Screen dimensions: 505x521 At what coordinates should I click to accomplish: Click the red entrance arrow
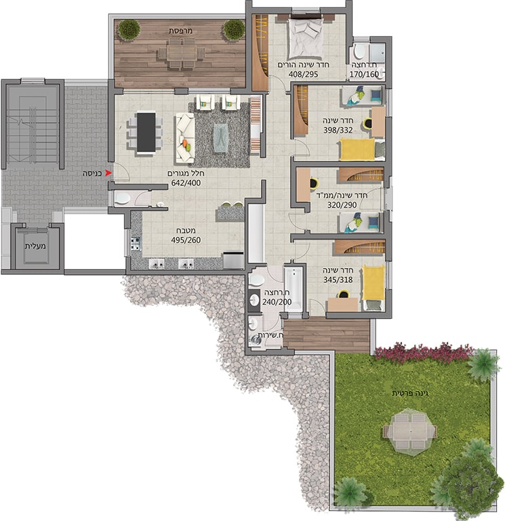[x=108, y=173]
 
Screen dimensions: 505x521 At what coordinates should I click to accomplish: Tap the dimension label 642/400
[x=186, y=182]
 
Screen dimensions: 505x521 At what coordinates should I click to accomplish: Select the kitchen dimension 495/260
[x=186, y=240]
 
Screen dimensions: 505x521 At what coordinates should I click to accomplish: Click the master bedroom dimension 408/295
[x=303, y=74]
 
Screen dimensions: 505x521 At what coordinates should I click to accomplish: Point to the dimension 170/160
[x=364, y=75]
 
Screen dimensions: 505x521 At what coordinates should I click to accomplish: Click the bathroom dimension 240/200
[x=277, y=302]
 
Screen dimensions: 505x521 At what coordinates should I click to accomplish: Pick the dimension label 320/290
[x=342, y=205]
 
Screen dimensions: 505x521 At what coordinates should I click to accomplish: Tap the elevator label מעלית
[x=35, y=246]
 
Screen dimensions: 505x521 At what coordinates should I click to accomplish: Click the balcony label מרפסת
[x=180, y=31]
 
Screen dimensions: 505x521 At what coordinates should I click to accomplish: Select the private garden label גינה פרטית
[x=410, y=393]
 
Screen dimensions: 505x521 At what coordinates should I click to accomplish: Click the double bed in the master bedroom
[x=306, y=39]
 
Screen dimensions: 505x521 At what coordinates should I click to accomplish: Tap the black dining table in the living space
[x=146, y=132]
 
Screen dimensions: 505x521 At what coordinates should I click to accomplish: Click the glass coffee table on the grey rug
[x=221, y=138]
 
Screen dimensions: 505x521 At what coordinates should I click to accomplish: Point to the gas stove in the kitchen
[x=136, y=244]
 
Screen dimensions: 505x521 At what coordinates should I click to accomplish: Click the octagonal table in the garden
[x=410, y=431]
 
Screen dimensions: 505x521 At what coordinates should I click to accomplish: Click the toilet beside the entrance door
[x=122, y=198]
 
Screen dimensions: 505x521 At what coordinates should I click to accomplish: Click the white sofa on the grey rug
[x=184, y=138]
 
